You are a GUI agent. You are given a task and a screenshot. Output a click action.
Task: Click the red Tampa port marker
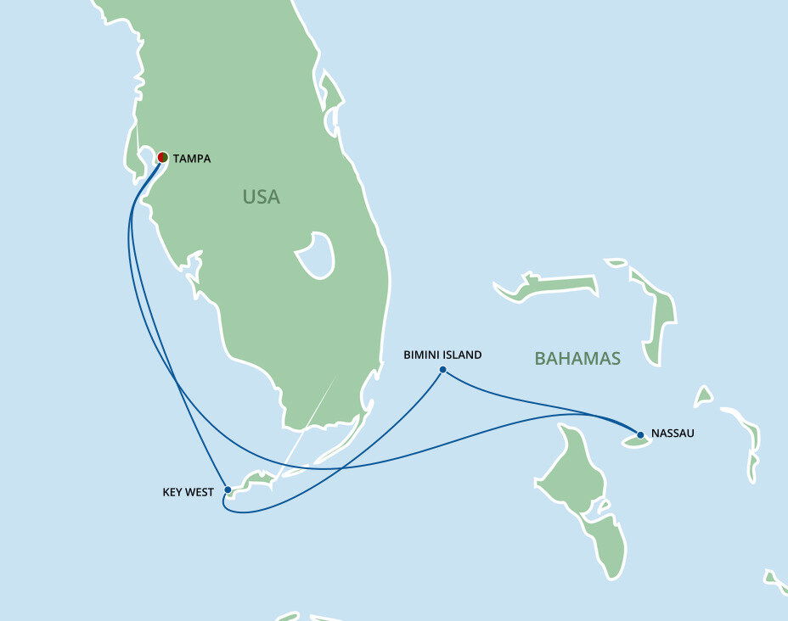[162, 157]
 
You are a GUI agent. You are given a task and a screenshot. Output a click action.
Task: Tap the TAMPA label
[192, 159]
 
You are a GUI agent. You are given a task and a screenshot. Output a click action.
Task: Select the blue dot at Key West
[228, 490]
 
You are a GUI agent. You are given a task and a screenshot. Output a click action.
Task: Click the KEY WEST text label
[188, 491]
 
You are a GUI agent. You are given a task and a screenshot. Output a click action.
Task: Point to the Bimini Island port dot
[442, 369]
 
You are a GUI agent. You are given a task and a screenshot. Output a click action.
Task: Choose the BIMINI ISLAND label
[442, 355]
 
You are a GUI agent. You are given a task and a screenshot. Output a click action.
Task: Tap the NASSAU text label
[673, 434]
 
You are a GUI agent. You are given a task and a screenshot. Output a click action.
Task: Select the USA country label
[261, 197]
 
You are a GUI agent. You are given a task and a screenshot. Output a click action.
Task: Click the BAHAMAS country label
[577, 358]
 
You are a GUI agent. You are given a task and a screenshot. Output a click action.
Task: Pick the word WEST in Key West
[200, 491]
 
